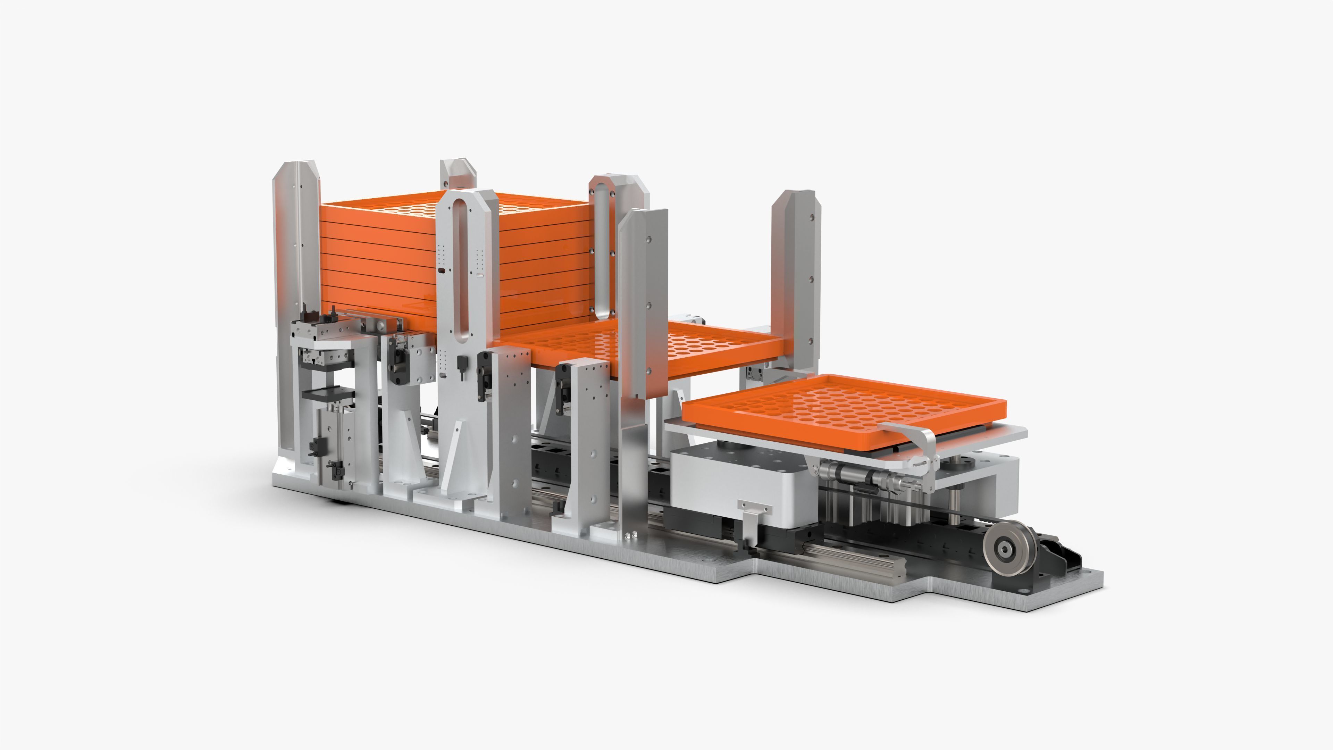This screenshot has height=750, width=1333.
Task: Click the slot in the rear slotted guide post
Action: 602,249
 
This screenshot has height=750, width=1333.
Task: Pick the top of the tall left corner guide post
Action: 296,171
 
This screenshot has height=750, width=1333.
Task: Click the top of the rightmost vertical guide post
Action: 793,199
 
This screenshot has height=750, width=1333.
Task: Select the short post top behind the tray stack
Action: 458,171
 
